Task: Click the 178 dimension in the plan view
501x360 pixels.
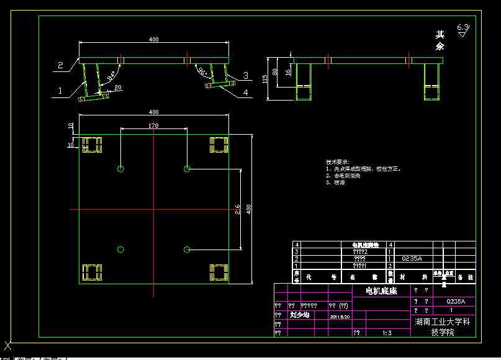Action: point(153,126)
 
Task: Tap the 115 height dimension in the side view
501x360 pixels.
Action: point(265,79)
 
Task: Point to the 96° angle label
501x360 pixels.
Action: point(202,71)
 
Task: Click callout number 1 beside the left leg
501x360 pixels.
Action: point(60,91)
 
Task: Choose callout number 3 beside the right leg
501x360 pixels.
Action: point(245,76)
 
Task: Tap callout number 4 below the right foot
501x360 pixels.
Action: point(245,92)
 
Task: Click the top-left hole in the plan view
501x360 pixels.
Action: point(120,169)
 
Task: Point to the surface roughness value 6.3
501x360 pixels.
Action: point(463,27)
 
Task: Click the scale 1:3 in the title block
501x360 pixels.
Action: point(387,333)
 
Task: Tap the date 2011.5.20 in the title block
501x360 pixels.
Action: point(340,316)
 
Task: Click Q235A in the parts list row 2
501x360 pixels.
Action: point(412,258)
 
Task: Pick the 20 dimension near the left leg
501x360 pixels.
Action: point(118,88)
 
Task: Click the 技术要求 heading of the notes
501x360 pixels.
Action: point(338,161)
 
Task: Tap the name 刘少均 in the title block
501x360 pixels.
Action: point(300,315)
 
